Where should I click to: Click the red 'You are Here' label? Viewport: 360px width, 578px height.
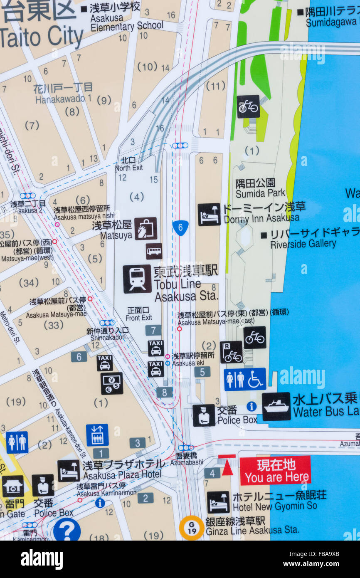(275, 470)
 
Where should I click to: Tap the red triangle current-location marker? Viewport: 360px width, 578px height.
(227, 467)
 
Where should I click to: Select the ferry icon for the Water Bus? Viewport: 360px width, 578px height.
(276, 406)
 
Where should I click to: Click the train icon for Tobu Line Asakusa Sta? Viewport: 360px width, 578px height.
(137, 279)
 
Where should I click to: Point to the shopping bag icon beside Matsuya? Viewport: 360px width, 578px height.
(145, 228)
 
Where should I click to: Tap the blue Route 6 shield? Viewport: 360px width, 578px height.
(180, 227)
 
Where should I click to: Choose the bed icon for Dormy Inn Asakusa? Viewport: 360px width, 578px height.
(209, 214)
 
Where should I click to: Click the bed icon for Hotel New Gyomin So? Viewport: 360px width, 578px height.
(218, 502)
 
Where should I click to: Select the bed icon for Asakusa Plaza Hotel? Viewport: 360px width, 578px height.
(69, 470)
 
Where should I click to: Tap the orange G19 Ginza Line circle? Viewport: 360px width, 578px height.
(191, 528)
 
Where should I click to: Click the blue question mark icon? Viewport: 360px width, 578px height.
(67, 530)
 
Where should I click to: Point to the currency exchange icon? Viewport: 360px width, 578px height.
(112, 383)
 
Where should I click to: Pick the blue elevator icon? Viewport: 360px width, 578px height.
(97, 435)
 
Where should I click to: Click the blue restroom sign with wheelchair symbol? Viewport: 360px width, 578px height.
(245, 379)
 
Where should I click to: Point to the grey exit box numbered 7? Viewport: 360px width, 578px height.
(153, 330)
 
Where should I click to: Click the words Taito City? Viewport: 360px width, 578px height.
(42, 37)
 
